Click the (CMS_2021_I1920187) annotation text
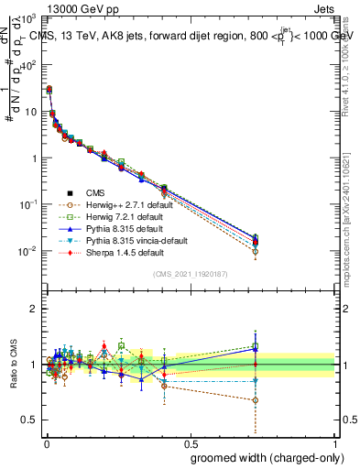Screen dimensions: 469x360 190,274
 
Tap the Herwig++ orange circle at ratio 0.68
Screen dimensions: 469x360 255,400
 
